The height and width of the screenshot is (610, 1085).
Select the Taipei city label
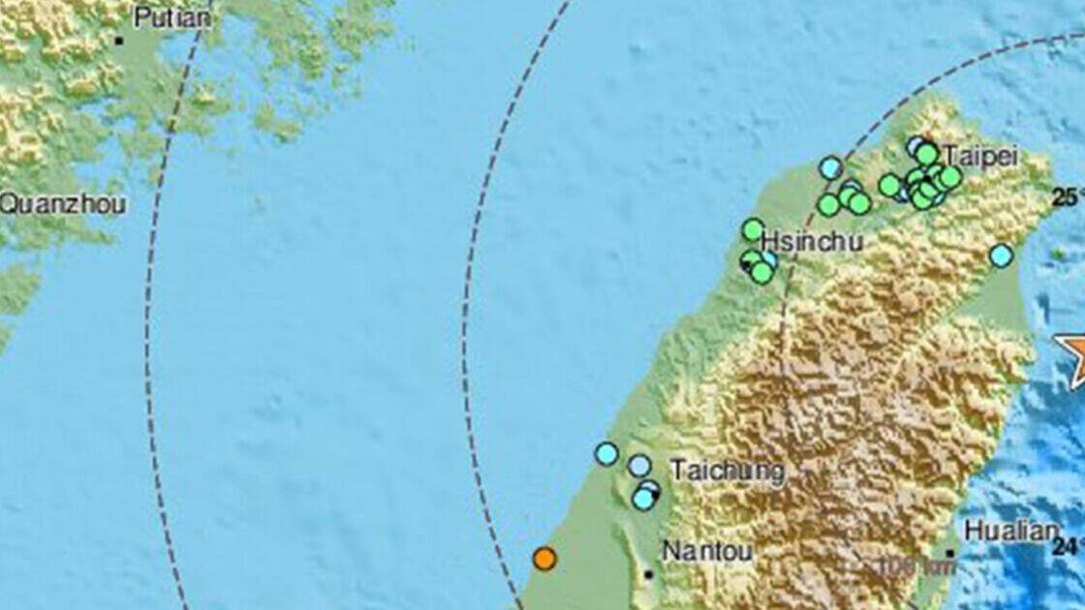pos(979,156)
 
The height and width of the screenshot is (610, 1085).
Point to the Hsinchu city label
pos(812,241)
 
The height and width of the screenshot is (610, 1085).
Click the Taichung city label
pos(714,471)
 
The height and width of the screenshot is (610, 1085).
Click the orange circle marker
pos(544,558)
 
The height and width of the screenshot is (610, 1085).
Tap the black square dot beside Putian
pos(119,41)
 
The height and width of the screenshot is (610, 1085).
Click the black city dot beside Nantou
pos(648,573)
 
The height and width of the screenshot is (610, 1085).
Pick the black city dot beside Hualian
pos(951,554)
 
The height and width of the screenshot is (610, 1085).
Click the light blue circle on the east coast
pos(1001,256)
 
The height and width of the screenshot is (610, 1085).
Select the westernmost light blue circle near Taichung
pos(606,453)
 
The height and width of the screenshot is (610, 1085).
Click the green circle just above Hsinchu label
pos(753,229)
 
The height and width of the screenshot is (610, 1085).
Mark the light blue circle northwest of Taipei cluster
pos(830,168)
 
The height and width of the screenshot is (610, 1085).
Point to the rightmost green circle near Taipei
pos(950,176)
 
